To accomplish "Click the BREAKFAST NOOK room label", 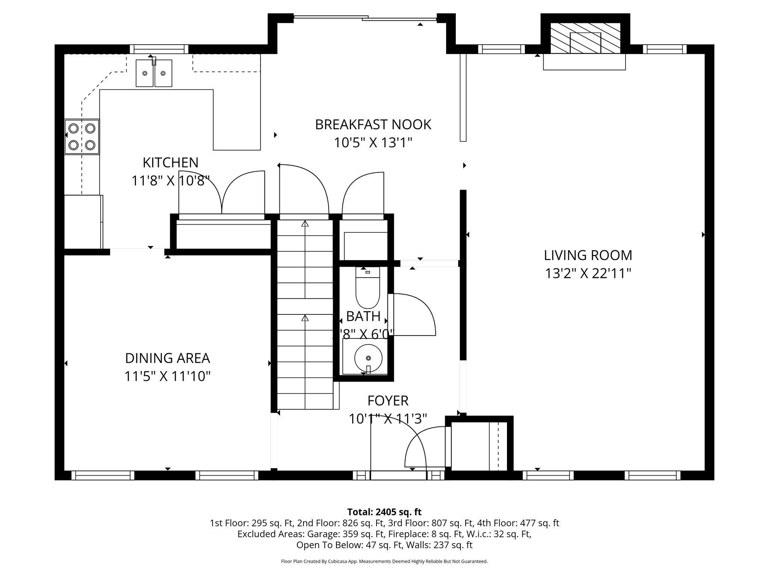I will tap(373, 125).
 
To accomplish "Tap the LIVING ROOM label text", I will tap(588, 255).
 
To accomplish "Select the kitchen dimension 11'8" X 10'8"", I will tap(170, 181).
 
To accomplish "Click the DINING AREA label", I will tap(167, 358).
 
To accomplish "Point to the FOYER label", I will tap(388, 401).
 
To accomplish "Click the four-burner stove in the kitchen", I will tap(82, 137).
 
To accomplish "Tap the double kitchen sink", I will tap(154, 73).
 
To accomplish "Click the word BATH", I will tap(363, 317).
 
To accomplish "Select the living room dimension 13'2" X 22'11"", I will tap(588, 273).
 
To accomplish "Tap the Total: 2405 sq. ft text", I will tap(384, 512).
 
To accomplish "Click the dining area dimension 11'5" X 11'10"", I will tap(167, 376).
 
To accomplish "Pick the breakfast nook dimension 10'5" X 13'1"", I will tap(373, 143).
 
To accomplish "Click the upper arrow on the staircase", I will tap(305, 224).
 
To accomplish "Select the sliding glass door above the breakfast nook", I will tap(365, 17).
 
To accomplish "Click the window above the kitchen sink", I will tap(159, 49).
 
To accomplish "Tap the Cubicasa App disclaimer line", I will tap(384, 562).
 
